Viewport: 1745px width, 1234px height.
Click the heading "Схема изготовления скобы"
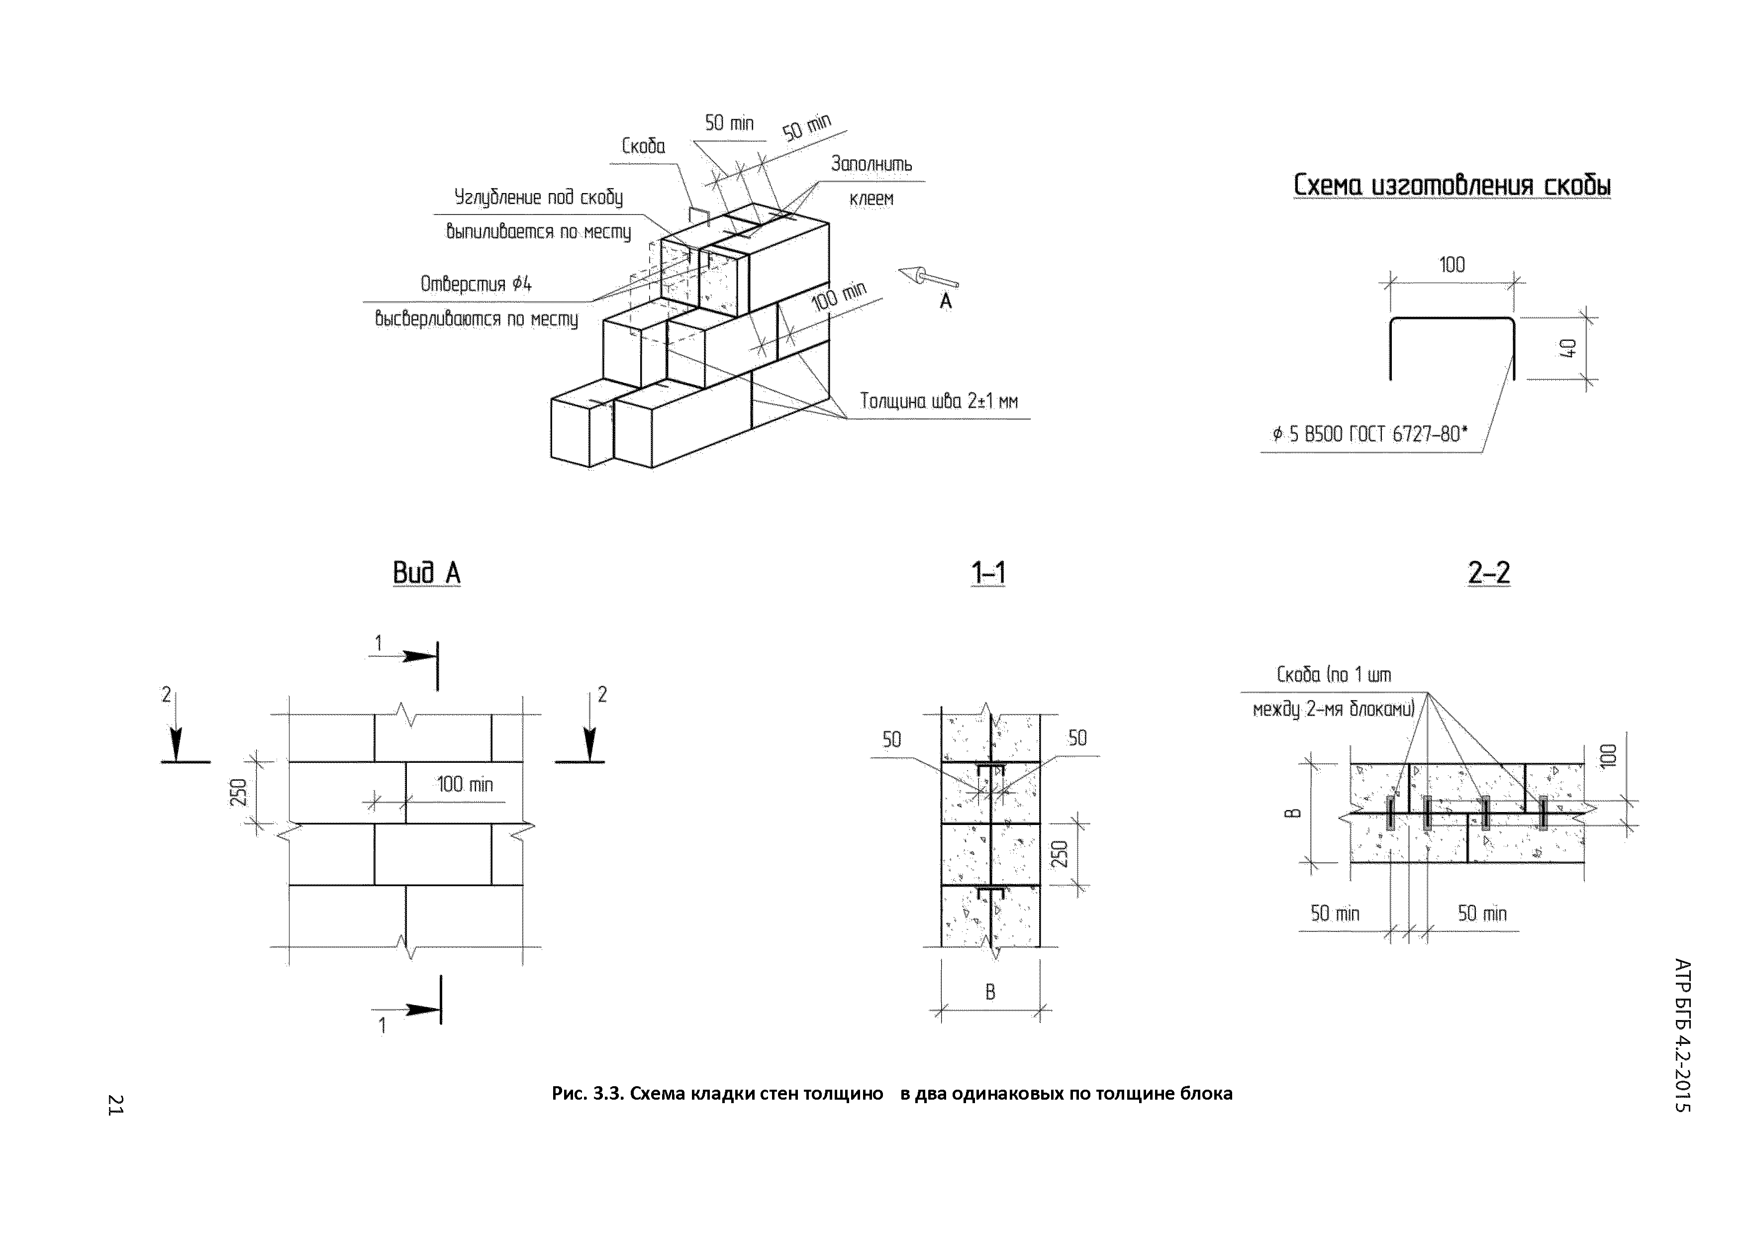pos(1452,186)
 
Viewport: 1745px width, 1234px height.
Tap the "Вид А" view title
pos(426,573)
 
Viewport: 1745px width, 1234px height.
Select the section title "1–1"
pos(988,573)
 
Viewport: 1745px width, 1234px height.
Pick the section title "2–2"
pos(1488,573)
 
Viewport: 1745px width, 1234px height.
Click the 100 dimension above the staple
pos(1452,265)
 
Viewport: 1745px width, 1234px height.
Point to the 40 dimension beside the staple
pos(1568,348)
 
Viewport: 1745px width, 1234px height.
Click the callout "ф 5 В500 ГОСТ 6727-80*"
pos(1370,434)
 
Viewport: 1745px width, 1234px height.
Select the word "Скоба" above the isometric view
pos(643,146)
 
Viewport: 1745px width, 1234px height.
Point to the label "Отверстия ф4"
pos(476,284)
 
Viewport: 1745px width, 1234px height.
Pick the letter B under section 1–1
pos(989,992)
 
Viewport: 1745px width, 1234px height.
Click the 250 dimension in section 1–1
pos(1062,854)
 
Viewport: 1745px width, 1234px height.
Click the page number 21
pos(115,1105)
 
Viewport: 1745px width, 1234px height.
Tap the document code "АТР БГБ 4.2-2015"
pos(1683,1035)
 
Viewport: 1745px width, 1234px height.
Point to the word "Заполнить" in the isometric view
pos(871,164)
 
